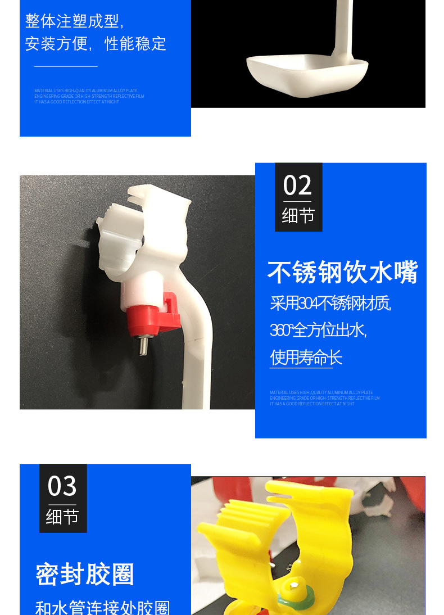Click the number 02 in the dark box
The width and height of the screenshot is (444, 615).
tap(298, 185)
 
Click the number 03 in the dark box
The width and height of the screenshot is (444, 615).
tap(62, 486)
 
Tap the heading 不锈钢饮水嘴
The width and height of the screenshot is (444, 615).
tap(342, 273)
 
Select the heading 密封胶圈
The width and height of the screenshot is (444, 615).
tap(85, 574)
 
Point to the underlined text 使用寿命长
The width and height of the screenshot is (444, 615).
tap(306, 358)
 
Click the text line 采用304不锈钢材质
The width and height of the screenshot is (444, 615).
tap(330, 304)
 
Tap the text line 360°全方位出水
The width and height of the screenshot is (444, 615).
tap(318, 331)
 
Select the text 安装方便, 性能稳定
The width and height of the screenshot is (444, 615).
tap(96, 43)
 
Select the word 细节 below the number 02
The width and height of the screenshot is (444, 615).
tap(298, 215)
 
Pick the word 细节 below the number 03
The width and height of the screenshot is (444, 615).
tap(62, 517)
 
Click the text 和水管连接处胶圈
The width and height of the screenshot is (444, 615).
tap(102, 608)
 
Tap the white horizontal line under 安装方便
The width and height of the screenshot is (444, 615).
tap(66, 66)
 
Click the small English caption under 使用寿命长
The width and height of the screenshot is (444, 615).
tap(324, 398)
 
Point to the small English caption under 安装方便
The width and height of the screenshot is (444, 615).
tap(89, 96)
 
